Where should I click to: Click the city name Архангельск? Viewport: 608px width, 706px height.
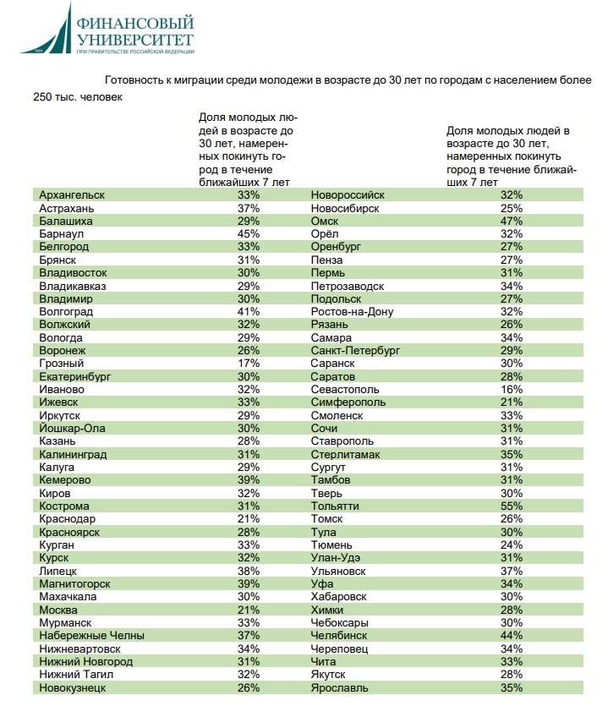pyautogui.click(x=72, y=194)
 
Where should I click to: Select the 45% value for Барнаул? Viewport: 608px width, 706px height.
pyautogui.click(x=248, y=233)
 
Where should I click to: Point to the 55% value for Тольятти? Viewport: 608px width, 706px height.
pyautogui.click(x=512, y=506)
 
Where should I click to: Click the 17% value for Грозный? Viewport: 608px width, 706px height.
pyautogui.click(x=248, y=363)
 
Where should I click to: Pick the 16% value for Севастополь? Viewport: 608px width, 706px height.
pyautogui.click(x=512, y=389)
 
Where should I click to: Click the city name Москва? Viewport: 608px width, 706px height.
pyautogui.click(x=59, y=610)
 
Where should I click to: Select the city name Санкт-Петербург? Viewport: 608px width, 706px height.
pyautogui.click(x=355, y=350)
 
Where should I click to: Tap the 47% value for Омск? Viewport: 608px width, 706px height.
pyautogui.click(x=512, y=221)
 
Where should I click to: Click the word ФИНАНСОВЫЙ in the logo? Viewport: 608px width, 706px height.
pyautogui.click(x=134, y=23)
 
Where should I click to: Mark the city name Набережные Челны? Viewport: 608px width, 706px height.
pyautogui.click(x=91, y=636)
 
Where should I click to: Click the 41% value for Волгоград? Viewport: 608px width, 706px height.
pyautogui.click(x=248, y=311)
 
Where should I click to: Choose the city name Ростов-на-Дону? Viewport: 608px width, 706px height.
pyautogui.click(x=352, y=311)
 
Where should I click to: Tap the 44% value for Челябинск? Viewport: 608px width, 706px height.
pyautogui.click(x=512, y=636)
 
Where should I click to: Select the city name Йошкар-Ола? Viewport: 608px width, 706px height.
pyautogui.click(x=75, y=428)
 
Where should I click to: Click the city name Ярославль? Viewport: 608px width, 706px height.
pyautogui.click(x=340, y=687)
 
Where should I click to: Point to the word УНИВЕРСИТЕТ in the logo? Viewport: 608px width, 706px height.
pyautogui.click(x=134, y=40)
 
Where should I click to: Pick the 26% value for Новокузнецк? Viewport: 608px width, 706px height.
pyautogui.click(x=248, y=687)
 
